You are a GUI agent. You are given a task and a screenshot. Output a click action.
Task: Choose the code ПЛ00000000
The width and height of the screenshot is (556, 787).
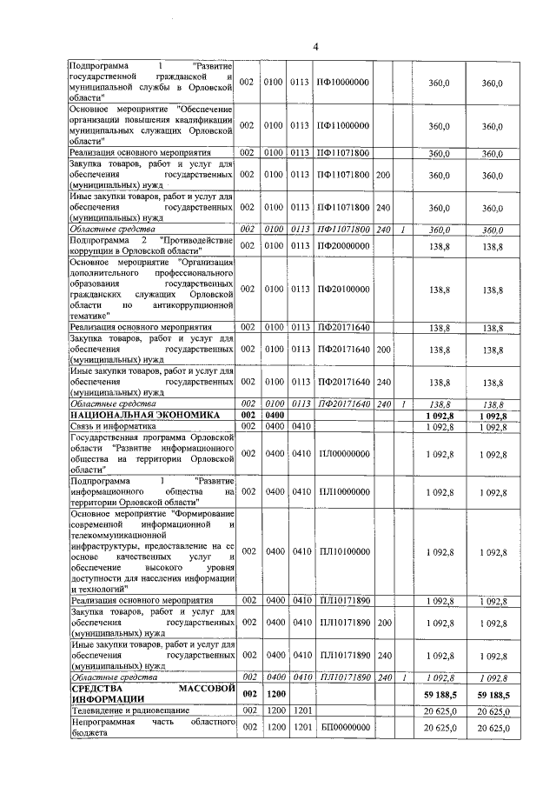[x=343, y=454]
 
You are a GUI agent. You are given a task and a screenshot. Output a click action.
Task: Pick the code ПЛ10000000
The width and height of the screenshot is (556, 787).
[x=343, y=492]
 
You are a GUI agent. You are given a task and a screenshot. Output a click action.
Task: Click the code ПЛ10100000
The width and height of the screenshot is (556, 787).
[x=343, y=551]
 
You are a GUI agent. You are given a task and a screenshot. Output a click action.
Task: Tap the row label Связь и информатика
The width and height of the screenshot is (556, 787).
[x=112, y=427]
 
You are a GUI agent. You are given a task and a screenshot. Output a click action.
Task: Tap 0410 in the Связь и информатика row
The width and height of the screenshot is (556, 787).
[x=301, y=427]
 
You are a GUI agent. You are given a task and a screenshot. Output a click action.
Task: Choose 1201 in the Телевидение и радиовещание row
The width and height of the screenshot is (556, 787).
[x=301, y=711]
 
